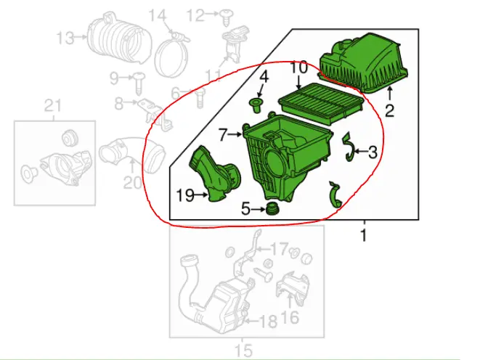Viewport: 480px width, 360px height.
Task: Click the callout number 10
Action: click(x=299, y=68)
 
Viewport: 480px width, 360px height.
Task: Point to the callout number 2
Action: click(x=390, y=111)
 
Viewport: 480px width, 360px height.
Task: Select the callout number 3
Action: click(x=372, y=152)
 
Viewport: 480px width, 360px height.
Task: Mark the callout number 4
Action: click(x=264, y=76)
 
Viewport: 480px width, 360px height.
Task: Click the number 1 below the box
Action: click(x=363, y=234)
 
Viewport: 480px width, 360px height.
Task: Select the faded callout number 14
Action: click(x=158, y=14)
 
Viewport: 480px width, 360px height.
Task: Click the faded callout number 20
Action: click(x=132, y=184)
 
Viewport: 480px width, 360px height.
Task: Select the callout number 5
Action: click(x=245, y=209)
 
